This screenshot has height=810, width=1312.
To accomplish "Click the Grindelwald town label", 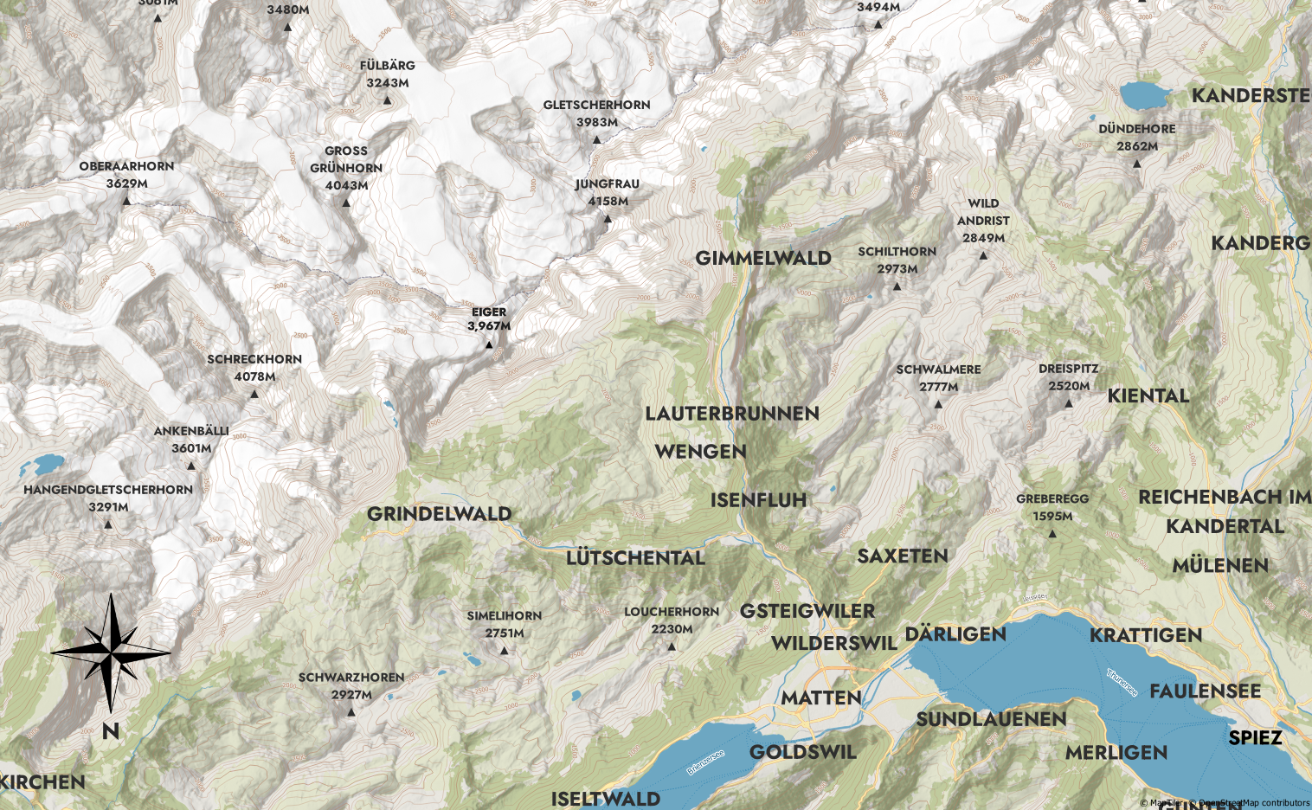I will (439, 514).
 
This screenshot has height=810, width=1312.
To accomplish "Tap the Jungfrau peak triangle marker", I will (608, 219).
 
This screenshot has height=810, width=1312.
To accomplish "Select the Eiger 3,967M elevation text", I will (489, 326).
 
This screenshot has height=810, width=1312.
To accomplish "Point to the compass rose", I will (111, 652).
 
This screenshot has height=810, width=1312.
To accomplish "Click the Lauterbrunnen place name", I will (732, 414).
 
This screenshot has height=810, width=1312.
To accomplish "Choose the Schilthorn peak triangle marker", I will (897, 286).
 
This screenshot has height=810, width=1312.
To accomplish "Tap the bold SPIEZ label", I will (1255, 738).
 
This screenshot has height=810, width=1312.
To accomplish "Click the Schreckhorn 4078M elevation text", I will (254, 376).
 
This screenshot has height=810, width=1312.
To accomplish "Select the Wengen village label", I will (700, 452).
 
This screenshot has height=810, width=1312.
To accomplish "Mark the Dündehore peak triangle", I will (1137, 164).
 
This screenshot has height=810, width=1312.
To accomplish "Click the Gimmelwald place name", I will (763, 258).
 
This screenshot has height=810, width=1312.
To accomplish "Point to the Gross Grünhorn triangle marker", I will (346, 203).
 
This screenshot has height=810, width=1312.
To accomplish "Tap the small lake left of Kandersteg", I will (1144, 93).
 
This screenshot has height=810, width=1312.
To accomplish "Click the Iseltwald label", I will (606, 799).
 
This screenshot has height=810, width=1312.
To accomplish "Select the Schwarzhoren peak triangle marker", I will (351, 712).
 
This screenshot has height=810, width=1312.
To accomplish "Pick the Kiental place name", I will (1148, 396).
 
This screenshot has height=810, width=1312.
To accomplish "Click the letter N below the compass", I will (111, 731).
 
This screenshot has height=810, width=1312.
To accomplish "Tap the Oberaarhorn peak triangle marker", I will (126, 201).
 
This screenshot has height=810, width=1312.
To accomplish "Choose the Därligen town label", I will (955, 634).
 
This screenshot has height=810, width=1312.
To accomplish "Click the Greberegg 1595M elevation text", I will (1052, 517).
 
